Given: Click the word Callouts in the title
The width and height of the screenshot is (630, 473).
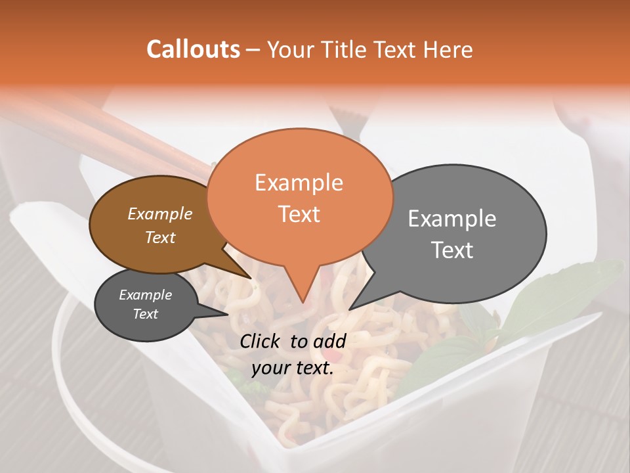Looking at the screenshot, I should [x=193, y=49].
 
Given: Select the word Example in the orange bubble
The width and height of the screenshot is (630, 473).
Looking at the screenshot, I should [x=299, y=183].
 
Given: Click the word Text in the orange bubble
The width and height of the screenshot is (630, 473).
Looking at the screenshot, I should [x=299, y=214].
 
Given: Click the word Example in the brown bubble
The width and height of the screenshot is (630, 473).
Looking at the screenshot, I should [x=159, y=214].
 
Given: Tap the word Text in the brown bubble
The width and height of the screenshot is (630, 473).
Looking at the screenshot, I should [x=159, y=237].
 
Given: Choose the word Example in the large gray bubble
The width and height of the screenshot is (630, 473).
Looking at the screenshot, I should [x=451, y=219].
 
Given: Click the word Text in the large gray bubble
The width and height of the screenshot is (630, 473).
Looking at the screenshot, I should [x=451, y=250].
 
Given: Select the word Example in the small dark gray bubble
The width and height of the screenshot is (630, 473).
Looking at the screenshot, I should [x=145, y=295].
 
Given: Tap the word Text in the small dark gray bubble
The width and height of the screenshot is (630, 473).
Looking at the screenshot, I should [x=145, y=314].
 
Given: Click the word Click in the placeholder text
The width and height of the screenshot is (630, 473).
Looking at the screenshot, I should [x=262, y=341].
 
